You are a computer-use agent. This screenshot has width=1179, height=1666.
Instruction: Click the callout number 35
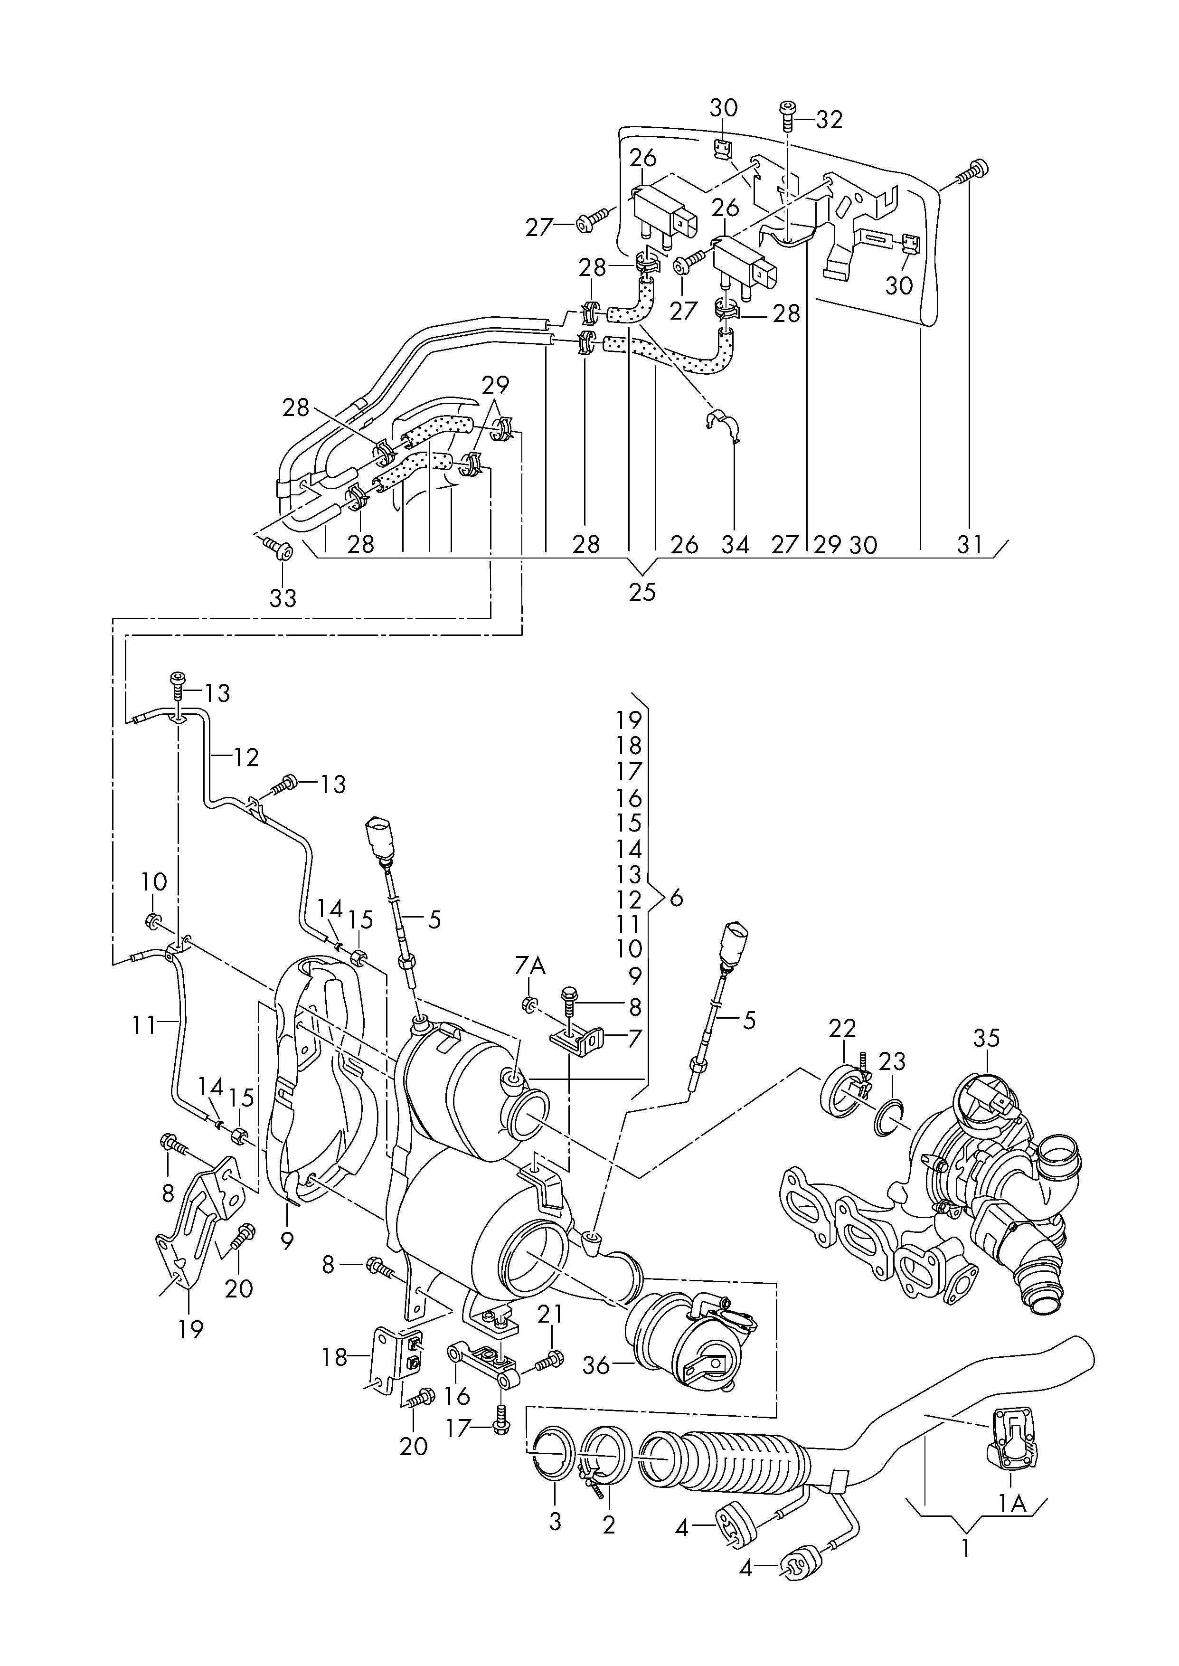tap(987, 1040)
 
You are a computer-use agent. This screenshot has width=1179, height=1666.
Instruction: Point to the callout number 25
tap(642, 592)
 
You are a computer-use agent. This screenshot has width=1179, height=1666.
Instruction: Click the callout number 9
tap(287, 1241)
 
